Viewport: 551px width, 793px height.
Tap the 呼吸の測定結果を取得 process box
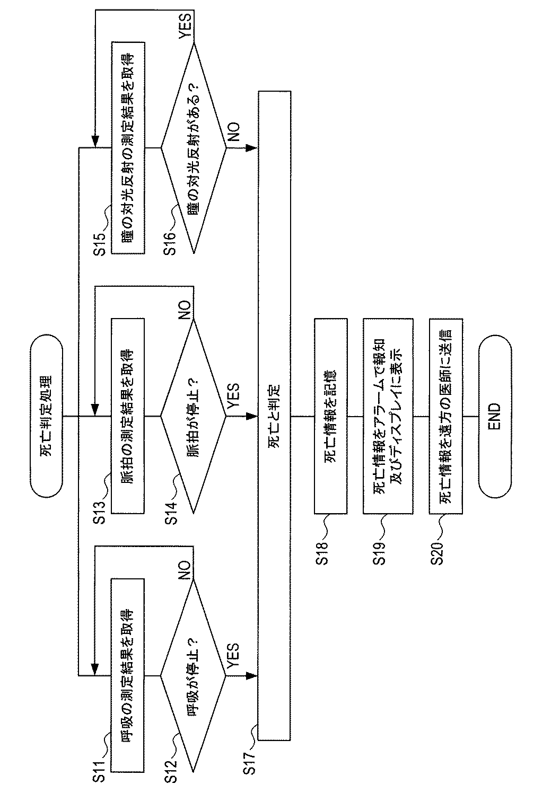point(128,675)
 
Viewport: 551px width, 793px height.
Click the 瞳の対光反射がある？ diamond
point(194,147)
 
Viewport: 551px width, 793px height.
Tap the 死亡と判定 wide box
point(274,416)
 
